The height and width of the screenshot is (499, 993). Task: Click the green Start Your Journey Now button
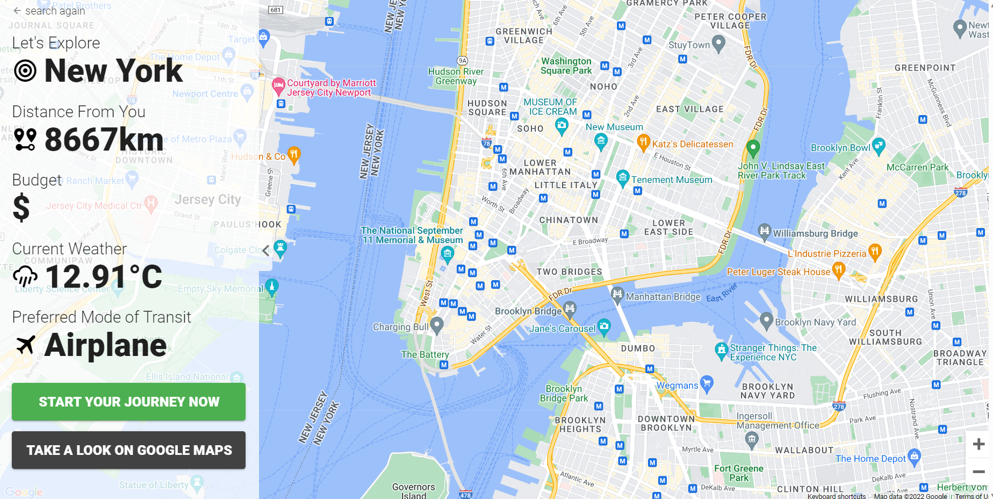click(128, 402)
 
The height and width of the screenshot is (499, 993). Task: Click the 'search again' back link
click(49, 11)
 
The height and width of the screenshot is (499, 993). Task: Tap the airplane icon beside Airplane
click(25, 345)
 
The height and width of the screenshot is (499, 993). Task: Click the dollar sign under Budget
click(21, 208)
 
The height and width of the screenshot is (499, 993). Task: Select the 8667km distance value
click(104, 140)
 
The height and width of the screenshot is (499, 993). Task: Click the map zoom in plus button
click(978, 444)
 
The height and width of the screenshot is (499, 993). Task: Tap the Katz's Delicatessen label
click(692, 144)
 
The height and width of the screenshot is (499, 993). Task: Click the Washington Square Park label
click(566, 66)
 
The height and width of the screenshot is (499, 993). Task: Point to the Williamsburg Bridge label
click(815, 233)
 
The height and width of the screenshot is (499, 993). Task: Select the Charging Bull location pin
click(437, 325)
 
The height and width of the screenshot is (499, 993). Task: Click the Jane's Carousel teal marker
click(605, 326)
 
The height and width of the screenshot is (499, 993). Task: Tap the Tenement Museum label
click(671, 180)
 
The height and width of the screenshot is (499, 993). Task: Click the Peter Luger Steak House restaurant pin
click(838, 269)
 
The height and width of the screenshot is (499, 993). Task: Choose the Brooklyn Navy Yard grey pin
click(766, 320)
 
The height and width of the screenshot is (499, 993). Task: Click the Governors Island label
click(413, 490)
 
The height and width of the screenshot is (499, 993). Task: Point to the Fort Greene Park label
click(738, 473)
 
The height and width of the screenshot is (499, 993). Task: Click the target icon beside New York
click(25, 71)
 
